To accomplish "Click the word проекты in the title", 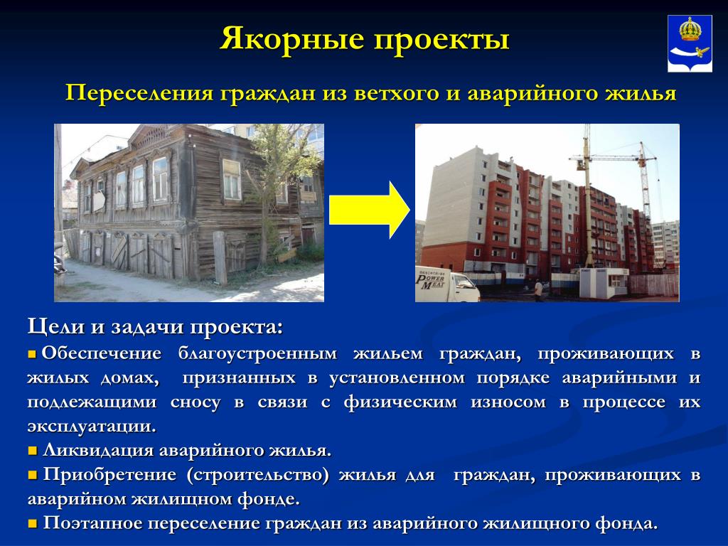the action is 441,40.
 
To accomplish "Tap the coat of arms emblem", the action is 690,43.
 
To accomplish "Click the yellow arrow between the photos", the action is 370,210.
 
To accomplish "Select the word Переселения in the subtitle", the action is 140,93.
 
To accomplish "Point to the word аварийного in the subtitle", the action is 533,93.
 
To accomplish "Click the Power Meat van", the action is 446,284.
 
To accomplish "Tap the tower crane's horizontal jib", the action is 613,159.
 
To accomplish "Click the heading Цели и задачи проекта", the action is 155,327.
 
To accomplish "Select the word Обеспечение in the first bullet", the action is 102,354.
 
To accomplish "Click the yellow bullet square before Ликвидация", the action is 32,451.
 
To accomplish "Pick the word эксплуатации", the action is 92,427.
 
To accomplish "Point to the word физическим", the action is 401,402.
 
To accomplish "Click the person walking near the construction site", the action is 538,290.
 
